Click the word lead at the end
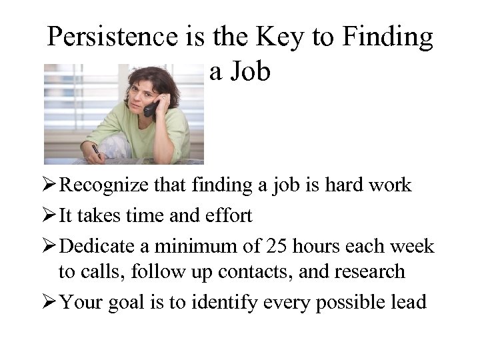407,302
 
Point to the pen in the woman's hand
97,152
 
